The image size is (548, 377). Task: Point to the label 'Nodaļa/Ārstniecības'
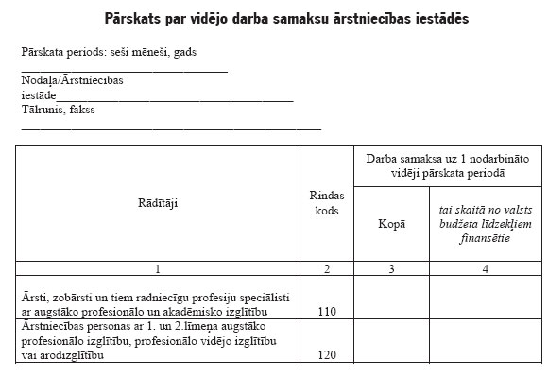coord(74,80)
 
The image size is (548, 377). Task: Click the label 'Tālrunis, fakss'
coord(59,110)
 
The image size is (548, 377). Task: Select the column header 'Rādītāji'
coord(159,202)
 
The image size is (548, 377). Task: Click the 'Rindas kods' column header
coord(326,202)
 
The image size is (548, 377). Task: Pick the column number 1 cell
coord(159,269)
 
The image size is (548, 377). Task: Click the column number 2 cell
coord(326,269)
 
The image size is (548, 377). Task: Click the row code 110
coord(326,311)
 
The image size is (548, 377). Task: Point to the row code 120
coord(326,356)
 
